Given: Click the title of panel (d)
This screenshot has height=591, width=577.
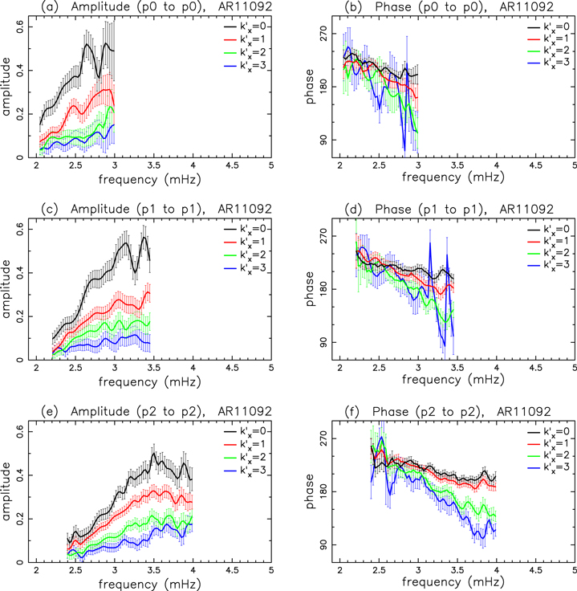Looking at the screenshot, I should click(x=447, y=209).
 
